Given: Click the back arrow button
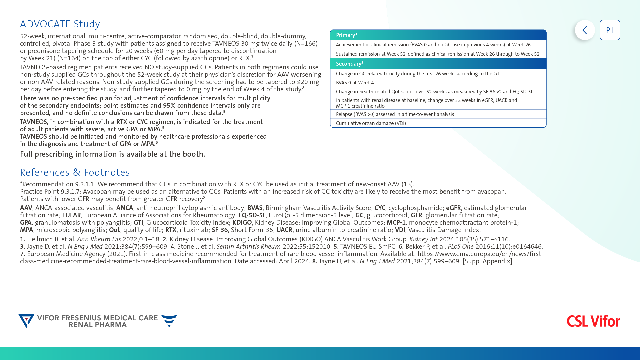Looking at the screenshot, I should pyautogui.click(x=585, y=30).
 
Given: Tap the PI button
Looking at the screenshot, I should pyautogui.click(x=610, y=30).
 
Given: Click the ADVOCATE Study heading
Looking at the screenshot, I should pyautogui.click(x=60, y=24).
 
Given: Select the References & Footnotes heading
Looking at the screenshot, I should pyautogui.click(x=75, y=172).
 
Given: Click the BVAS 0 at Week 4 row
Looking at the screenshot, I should pyautogui.click(x=438, y=83).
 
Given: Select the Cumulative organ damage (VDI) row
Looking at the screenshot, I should pyautogui.click(x=438, y=123).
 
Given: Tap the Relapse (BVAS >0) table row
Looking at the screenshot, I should pyautogui.click(x=438, y=114).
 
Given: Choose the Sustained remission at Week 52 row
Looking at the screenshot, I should pyautogui.click(x=438, y=54).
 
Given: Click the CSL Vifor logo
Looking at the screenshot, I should pyautogui.click(x=593, y=321).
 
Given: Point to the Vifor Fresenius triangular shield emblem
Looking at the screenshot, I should pyautogui.click(x=26, y=321).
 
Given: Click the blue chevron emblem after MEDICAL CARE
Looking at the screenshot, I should pyautogui.click(x=169, y=321).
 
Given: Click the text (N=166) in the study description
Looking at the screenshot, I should pyautogui.click(x=306, y=44).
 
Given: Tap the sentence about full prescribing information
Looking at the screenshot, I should pyautogui.click(x=113, y=154).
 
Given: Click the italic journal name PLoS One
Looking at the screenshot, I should pyautogui.click(x=461, y=247).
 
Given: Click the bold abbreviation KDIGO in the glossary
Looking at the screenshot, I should pyautogui.click(x=242, y=223).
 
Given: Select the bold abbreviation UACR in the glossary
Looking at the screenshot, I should pyautogui.click(x=284, y=230).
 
